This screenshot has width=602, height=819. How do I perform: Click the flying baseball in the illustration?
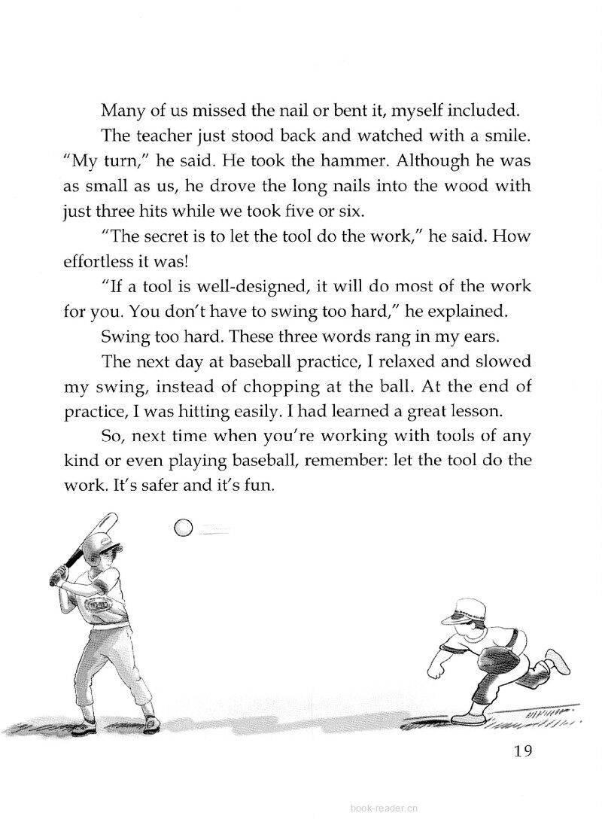(183, 528)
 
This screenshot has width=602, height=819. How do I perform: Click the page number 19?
(521, 750)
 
